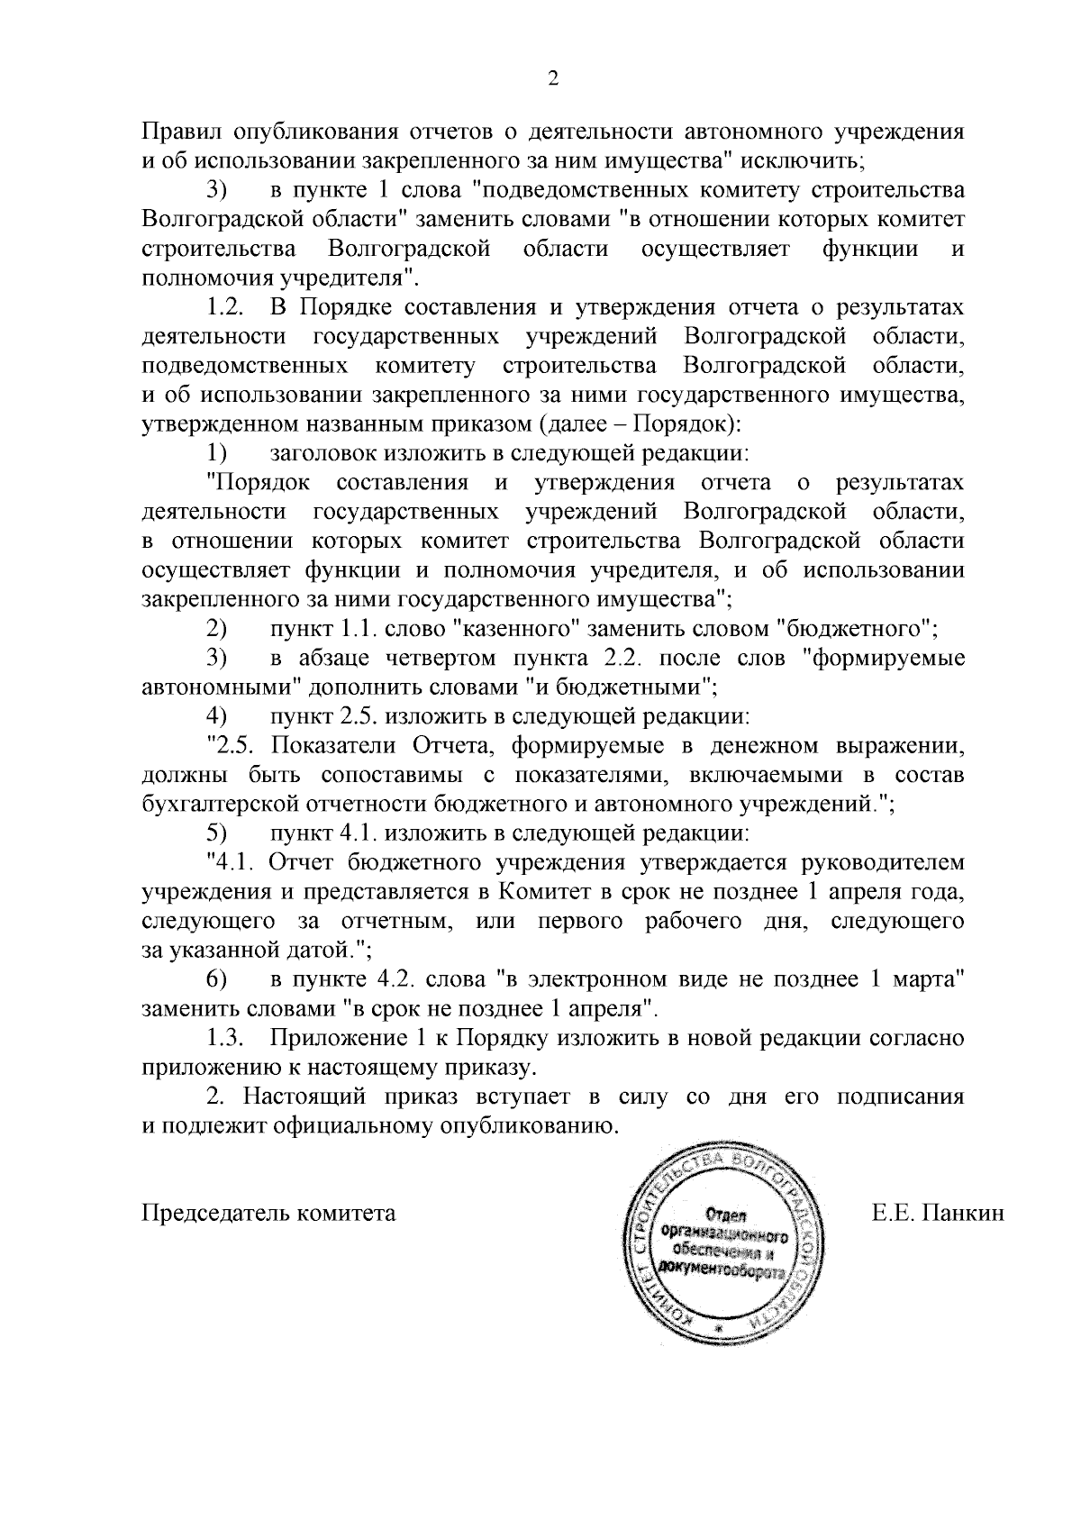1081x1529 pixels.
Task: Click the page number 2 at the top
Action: coord(553,79)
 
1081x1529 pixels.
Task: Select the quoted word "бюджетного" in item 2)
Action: coord(856,628)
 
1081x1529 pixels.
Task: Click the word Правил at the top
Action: coord(180,132)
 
